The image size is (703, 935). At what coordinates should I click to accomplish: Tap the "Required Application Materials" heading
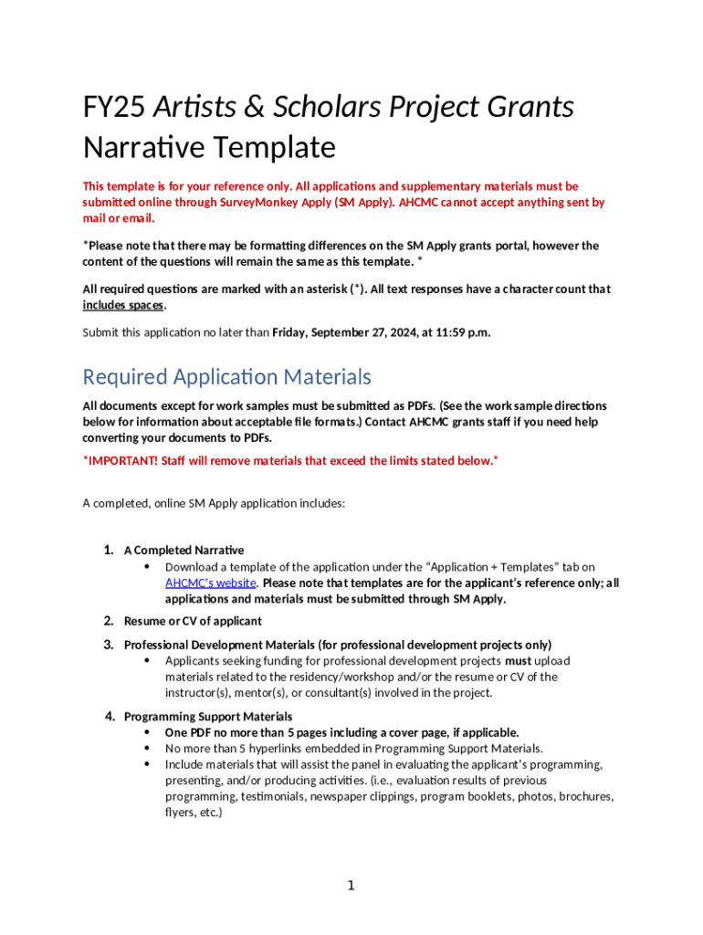[226, 376]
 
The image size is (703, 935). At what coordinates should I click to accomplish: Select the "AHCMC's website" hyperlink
[210, 583]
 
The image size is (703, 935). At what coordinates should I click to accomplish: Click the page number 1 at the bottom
[351, 886]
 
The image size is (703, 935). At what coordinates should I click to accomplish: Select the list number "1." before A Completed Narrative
[108, 550]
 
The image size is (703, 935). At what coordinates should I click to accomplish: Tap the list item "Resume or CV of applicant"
[193, 621]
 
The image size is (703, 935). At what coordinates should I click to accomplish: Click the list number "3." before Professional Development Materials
[108, 645]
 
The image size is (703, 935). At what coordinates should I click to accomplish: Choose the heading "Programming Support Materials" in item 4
[208, 716]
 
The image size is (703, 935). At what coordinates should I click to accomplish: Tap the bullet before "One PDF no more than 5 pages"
[147, 732]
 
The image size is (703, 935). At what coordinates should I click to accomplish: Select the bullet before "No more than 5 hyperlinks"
[147, 748]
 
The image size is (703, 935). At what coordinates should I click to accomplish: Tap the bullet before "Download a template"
[147, 567]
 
